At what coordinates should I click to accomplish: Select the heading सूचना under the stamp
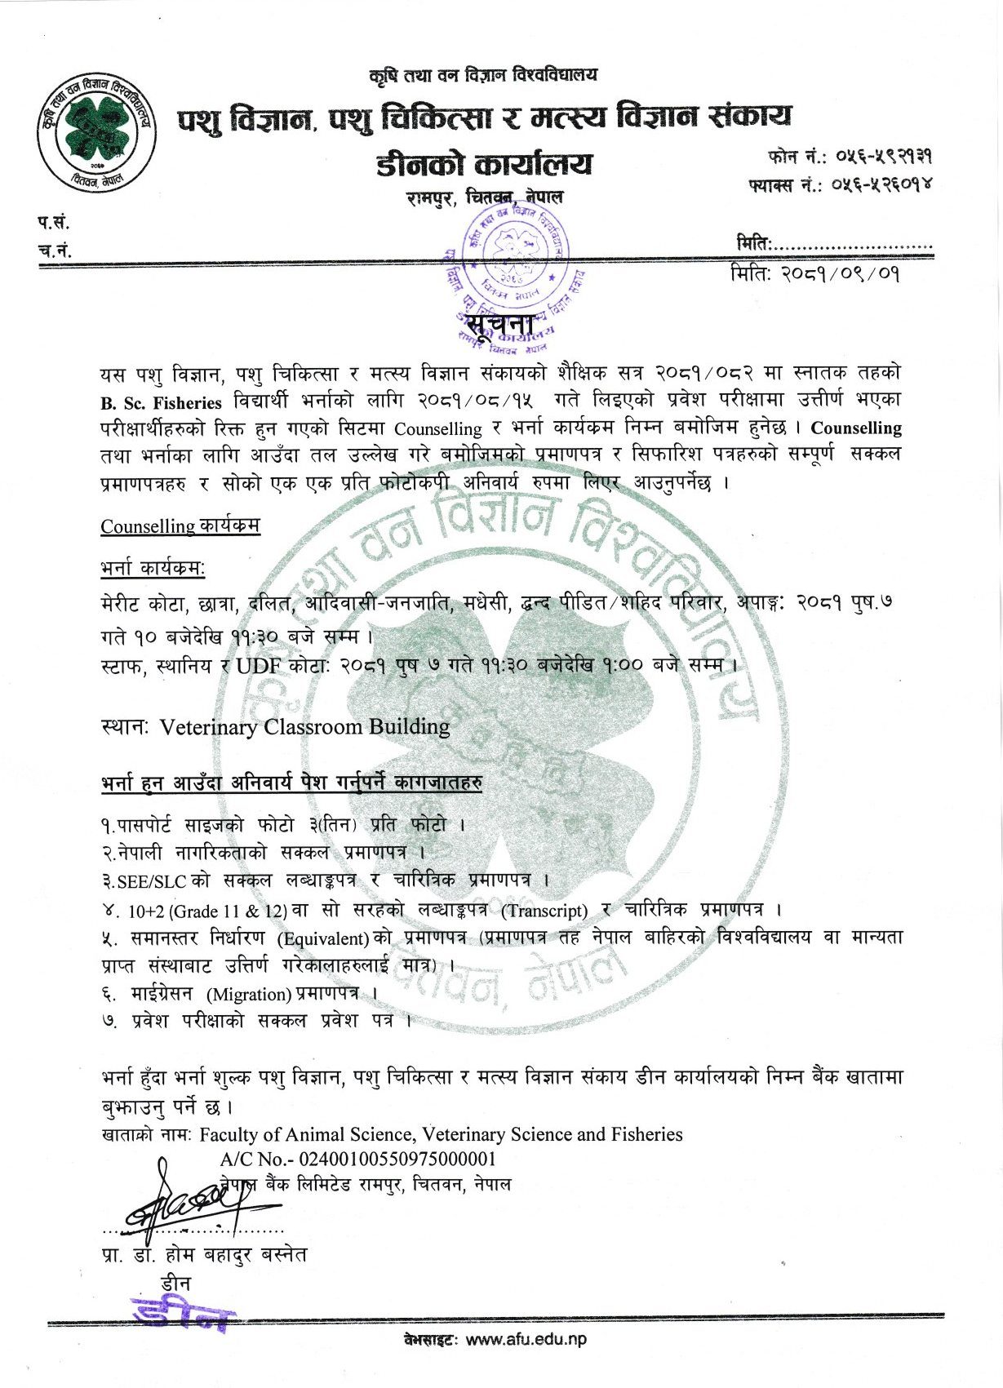pyautogui.click(x=500, y=326)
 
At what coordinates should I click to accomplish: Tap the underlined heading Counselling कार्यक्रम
pyautogui.click(x=180, y=526)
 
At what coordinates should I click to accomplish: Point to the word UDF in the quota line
pyautogui.click(x=259, y=666)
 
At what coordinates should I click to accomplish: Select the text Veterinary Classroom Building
pyautogui.click(x=304, y=727)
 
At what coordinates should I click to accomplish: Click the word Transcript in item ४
pyautogui.click(x=544, y=911)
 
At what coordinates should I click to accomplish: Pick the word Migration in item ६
pyautogui.click(x=249, y=995)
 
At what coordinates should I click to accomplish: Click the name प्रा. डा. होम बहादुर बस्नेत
pyautogui.click(x=204, y=1255)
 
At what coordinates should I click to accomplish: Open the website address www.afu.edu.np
pyautogui.click(x=526, y=1339)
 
